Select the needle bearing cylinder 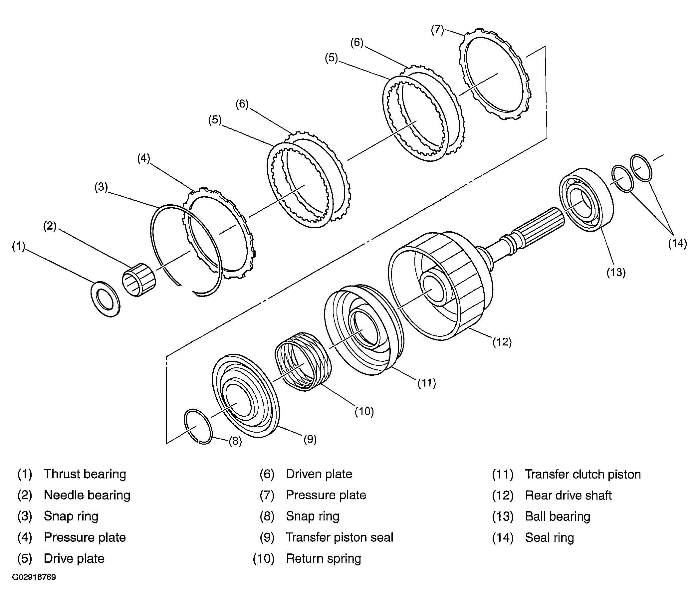point(139,280)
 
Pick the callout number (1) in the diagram point(19,247)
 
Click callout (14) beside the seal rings point(677,243)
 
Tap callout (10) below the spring point(364,411)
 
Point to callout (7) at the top point(437,30)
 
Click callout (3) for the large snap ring point(101,187)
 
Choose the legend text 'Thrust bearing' point(85,474)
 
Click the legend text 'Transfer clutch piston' point(583,474)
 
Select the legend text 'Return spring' point(324,558)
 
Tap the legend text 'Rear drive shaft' point(568,495)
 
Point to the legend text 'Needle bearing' point(87,495)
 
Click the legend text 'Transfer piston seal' point(340,537)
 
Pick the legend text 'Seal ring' point(550,537)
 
